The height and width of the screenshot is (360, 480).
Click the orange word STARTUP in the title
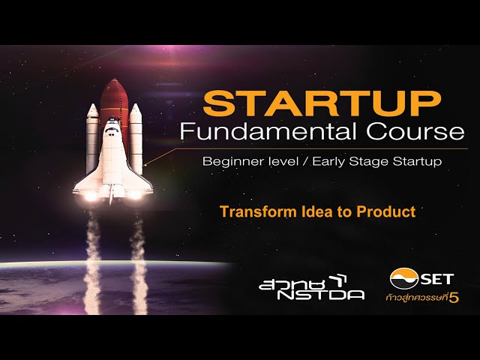click(322, 103)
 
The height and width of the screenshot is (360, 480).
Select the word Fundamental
click(268, 132)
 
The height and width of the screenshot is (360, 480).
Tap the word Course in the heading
click(415, 132)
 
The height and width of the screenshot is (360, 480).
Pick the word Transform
click(259, 211)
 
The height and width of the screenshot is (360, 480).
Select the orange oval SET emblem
click(404, 278)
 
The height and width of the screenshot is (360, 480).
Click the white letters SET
click(437, 279)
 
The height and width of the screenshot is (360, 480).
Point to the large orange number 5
click(454, 298)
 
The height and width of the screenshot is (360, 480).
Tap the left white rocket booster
click(92, 138)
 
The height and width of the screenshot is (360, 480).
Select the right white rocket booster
click(136, 139)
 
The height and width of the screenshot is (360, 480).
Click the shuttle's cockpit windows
click(112, 130)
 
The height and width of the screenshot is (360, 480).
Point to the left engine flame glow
click(91, 196)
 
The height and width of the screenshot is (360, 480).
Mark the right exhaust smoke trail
click(139, 263)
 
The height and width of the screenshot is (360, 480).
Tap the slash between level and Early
click(305, 162)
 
